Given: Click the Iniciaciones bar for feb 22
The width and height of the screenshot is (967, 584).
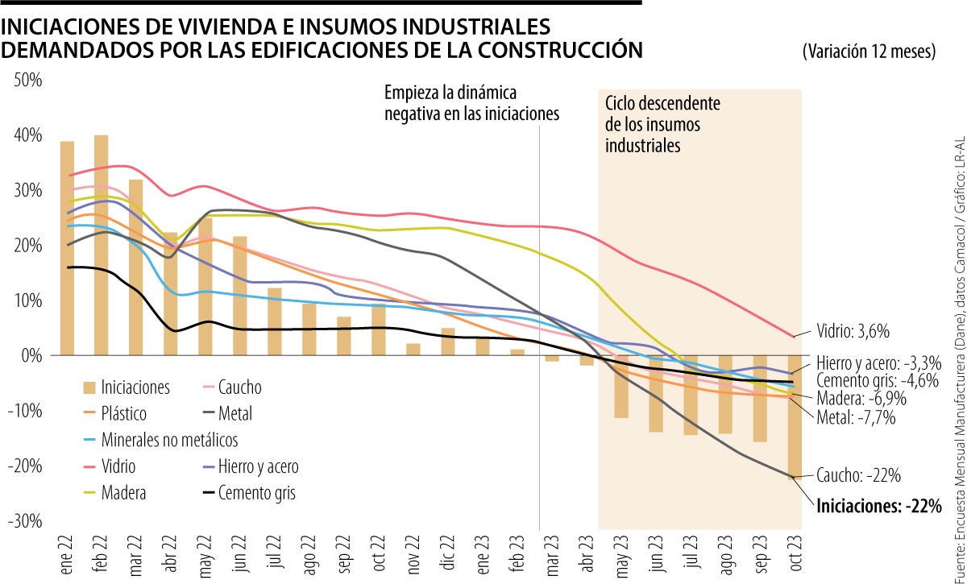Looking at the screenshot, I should (102, 245).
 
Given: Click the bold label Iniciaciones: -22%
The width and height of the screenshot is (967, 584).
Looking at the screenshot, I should (878, 506).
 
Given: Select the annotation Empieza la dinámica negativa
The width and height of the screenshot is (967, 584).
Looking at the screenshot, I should (471, 102).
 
